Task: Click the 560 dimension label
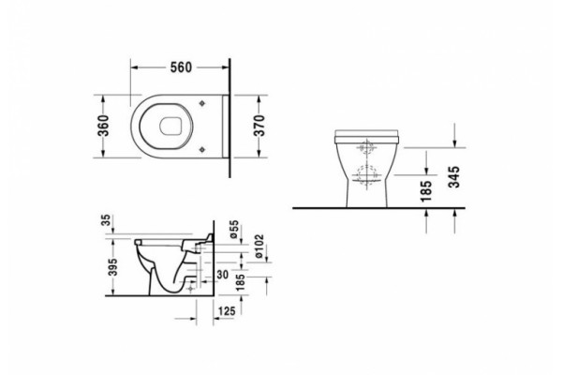click(181, 67)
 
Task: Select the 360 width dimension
click(103, 126)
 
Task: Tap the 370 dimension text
click(259, 126)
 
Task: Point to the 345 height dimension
click(454, 177)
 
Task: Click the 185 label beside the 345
click(426, 191)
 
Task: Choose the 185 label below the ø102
click(241, 282)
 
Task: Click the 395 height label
click(113, 267)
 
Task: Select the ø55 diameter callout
click(233, 230)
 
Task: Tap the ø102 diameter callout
click(259, 247)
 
